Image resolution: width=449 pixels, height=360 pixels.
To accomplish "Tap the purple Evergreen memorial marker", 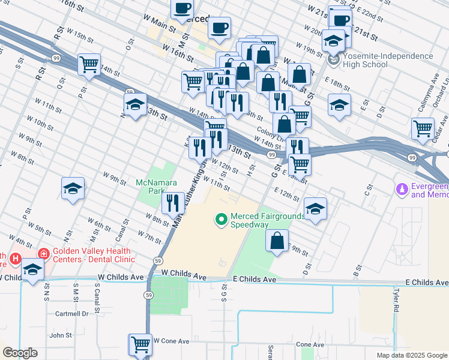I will click(x=401, y=190).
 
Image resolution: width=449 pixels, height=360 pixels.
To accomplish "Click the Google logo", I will click(x=20, y=353).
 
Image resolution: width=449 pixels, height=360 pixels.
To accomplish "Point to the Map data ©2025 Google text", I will click(x=412, y=355).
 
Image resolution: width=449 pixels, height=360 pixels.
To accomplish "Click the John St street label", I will click(x=61, y=335).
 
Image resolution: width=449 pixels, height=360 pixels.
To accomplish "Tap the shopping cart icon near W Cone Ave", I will click(x=140, y=344).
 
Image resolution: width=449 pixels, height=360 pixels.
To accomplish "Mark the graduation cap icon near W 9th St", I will click(x=73, y=188).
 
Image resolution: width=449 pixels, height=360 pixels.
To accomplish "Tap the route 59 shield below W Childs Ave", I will click(x=148, y=295).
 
